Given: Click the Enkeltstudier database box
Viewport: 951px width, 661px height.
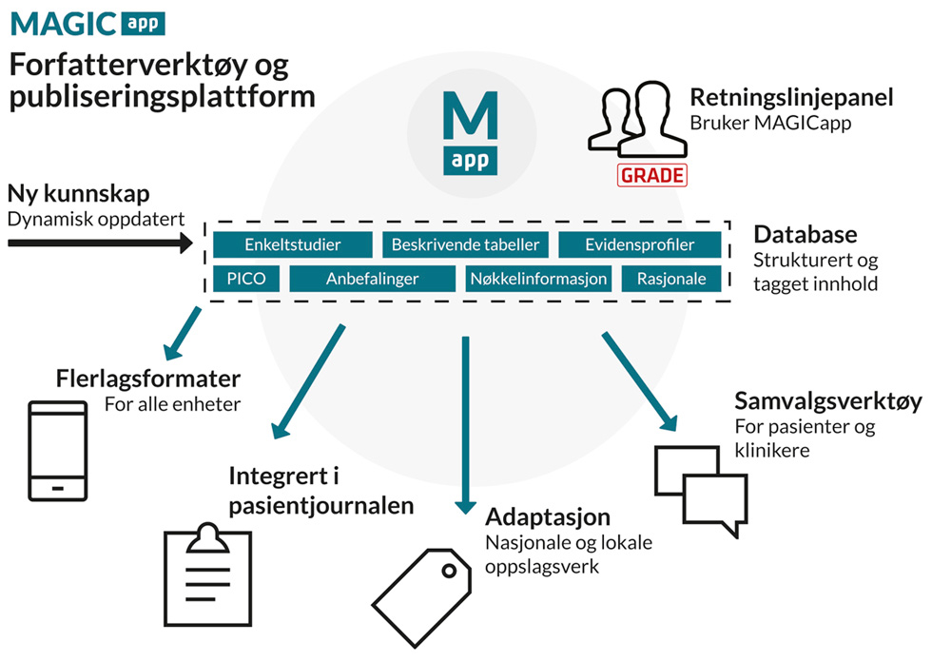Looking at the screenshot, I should pos(292,244).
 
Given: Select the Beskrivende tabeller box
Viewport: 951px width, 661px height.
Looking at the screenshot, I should pos(465,244).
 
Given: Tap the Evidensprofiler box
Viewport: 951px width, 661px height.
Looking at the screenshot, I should pos(639,244).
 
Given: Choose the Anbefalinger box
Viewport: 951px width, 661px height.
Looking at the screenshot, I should pos(372,279).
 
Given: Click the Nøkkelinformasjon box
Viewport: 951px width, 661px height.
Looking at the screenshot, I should pos(538,279).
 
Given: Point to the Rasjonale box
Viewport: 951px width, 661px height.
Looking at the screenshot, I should pos(671,279).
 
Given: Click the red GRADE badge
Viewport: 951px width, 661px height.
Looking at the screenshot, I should pos(652,176).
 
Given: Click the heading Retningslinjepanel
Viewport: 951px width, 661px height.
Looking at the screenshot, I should pos(791,98).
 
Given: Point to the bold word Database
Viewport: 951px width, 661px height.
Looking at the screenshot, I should pos(805,235).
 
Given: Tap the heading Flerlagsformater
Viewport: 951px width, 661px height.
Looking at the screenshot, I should pos(147,379).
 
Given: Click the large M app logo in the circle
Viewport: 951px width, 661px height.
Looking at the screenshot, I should pos(471,130).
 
